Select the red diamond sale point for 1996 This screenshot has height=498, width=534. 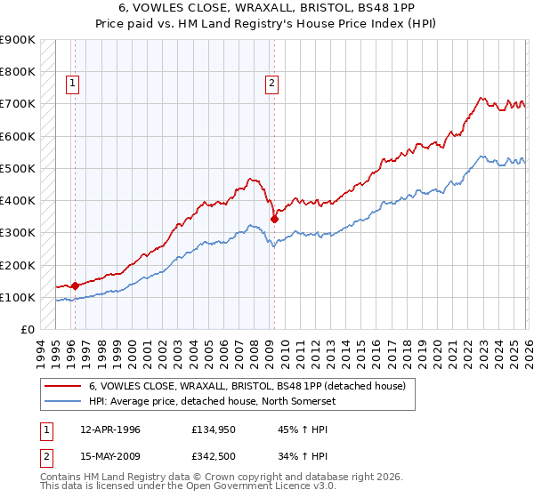(x=75, y=286)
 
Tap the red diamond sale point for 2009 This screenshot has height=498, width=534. (x=274, y=219)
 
